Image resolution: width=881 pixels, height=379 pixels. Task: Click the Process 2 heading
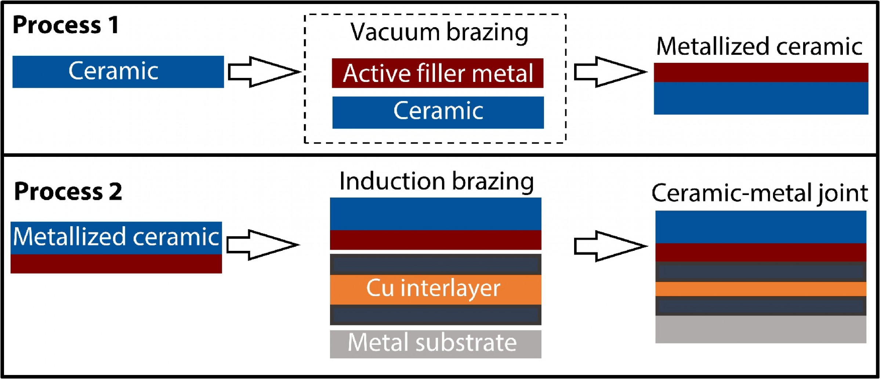point(68,192)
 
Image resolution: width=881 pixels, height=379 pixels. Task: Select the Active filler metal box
point(438,73)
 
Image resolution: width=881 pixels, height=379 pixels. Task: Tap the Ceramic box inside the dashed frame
point(438,112)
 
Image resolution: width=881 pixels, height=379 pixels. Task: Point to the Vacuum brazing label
point(439,32)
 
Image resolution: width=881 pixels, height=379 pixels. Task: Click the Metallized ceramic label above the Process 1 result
point(759,47)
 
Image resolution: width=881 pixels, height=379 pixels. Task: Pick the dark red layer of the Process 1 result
point(761,72)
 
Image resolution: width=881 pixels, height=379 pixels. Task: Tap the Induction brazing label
point(436,181)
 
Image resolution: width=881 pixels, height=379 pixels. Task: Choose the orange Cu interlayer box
point(435,289)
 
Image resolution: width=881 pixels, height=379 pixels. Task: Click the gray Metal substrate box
point(435,344)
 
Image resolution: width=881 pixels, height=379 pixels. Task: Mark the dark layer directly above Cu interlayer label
point(435,264)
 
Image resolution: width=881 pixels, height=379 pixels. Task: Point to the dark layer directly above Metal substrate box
point(435,315)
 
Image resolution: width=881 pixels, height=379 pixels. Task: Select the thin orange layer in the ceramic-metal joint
point(761,289)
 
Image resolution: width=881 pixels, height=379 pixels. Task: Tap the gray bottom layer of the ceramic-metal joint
point(761,329)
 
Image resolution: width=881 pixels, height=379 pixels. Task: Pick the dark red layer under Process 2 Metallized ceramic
point(116,264)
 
